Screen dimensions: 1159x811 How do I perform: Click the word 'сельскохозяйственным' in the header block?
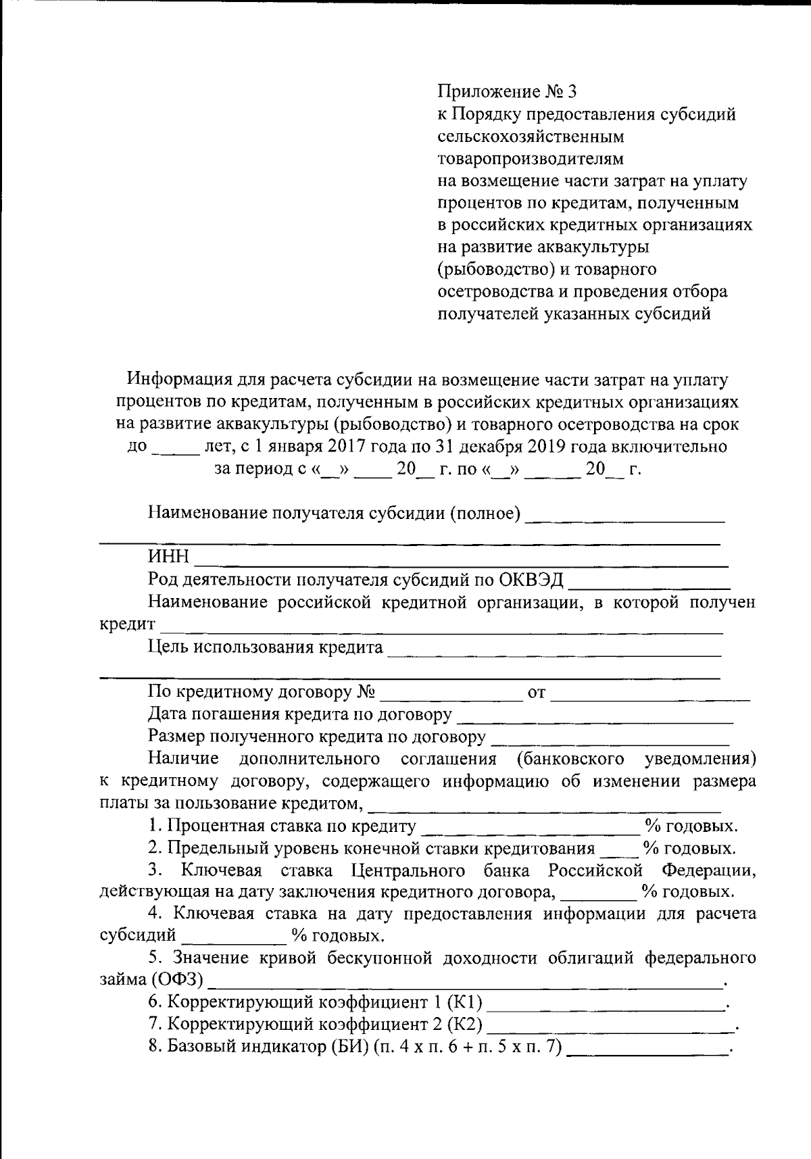click(531, 137)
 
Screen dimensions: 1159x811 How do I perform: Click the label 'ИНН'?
click(169, 558)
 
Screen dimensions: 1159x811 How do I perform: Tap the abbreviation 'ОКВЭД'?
click(533, 581)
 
